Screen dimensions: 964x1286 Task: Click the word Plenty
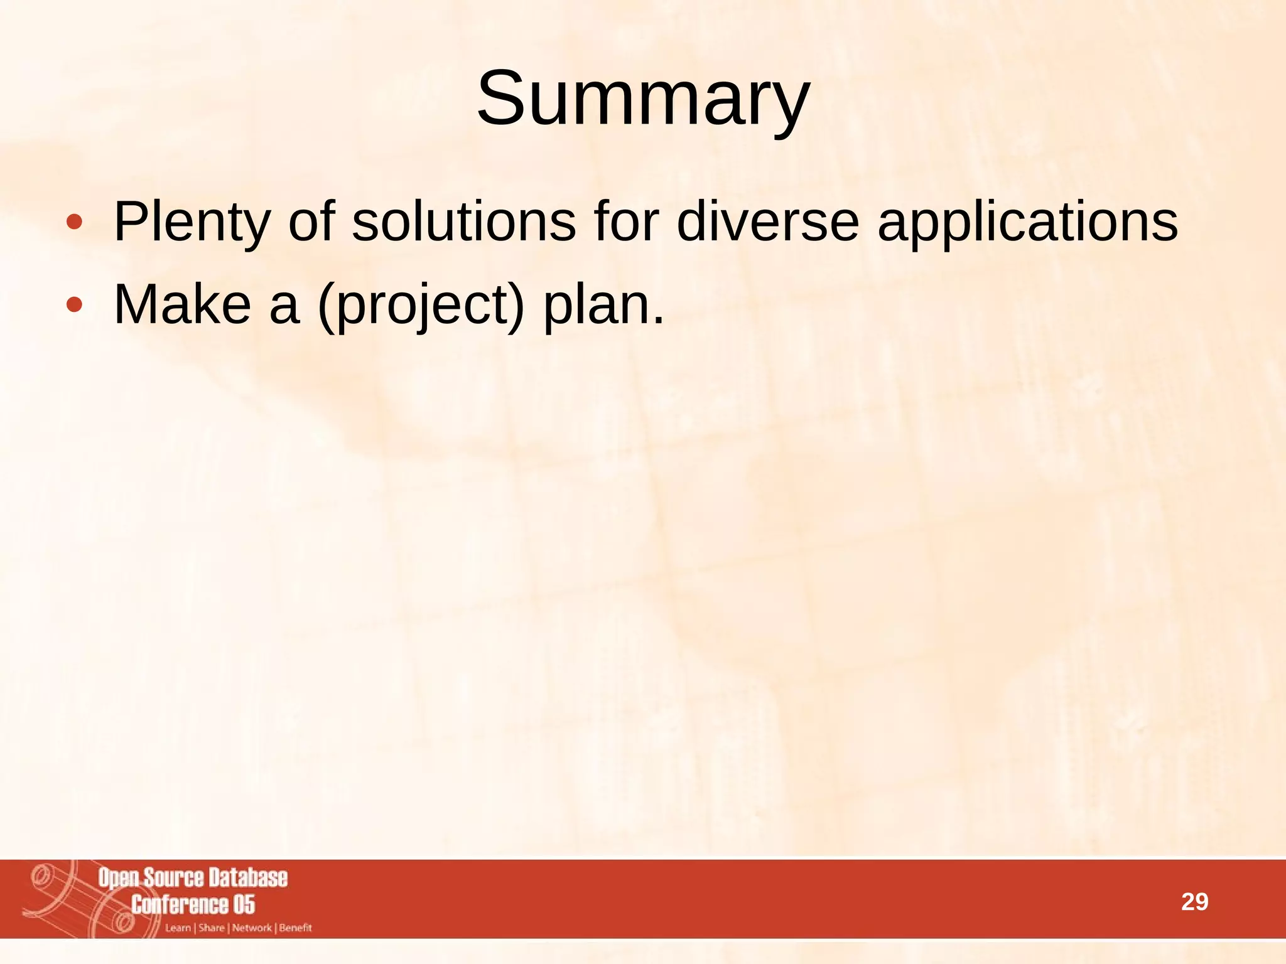point(192,223)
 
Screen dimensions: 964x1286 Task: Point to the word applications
point(1027,223)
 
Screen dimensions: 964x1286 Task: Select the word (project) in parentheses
point(421,306)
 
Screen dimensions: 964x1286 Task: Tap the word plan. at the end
point(603,306)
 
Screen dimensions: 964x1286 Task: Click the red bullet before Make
point(74,305)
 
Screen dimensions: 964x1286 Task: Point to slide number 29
point(1194,902)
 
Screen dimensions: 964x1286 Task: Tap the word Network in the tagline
point(252,928)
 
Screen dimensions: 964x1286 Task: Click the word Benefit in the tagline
point(295,928)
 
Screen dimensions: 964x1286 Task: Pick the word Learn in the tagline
point(178,928)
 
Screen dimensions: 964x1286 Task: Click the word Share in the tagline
point(211,928)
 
